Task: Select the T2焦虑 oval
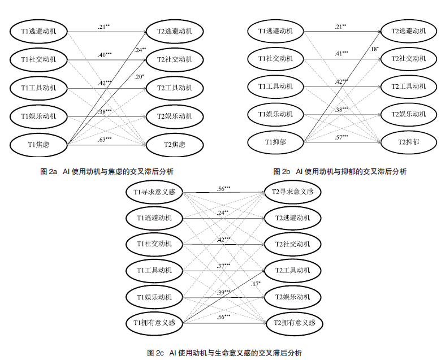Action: tap(175, 144)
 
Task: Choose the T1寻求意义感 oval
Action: tap(154, 192)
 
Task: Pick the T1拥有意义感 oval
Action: tap(154, 323)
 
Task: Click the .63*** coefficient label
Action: tap(105, 139)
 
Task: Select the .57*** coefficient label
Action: tap(341, 137)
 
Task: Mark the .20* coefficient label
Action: tap(139, 76)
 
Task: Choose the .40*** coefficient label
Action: tap(105, 55)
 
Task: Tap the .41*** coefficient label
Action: tap(341, 53)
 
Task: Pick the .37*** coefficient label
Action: tap(223, 266)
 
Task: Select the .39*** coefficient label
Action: tap(223, 292)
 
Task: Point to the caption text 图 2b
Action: tap(282, 171)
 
